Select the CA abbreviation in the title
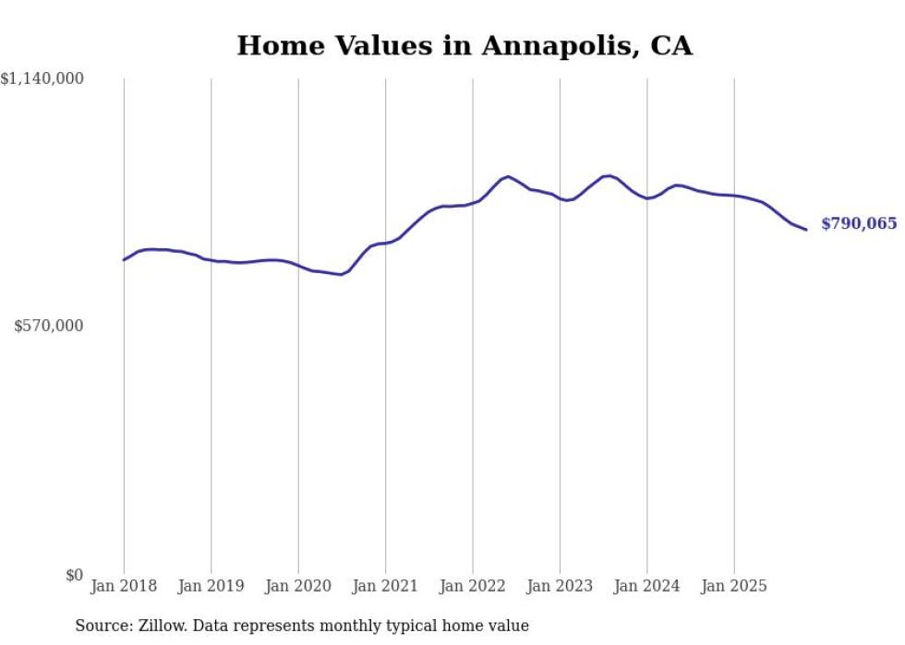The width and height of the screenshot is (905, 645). point(671,45)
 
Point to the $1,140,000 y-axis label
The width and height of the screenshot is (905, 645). point(42,80)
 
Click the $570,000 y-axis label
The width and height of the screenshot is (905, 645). point(49,326)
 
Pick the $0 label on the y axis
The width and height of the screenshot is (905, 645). point(74,575)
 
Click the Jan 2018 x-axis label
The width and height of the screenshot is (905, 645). point(124,586)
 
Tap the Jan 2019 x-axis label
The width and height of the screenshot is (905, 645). point(211,586)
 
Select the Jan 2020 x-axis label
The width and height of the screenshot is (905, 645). point(298,586)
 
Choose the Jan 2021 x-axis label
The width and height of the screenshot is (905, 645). point(386,586)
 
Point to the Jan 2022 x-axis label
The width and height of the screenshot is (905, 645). point(473,586)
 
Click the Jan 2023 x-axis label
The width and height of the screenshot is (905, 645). point(561,586)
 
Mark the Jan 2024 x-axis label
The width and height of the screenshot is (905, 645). point(647,586)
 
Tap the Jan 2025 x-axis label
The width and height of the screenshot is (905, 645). point(735,586)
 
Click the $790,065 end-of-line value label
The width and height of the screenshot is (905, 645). point(858,224)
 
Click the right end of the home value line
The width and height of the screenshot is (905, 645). point(806,230)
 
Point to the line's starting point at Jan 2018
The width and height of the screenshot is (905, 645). point(124,259)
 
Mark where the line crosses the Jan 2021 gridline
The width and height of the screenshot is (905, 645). point(386,243)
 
